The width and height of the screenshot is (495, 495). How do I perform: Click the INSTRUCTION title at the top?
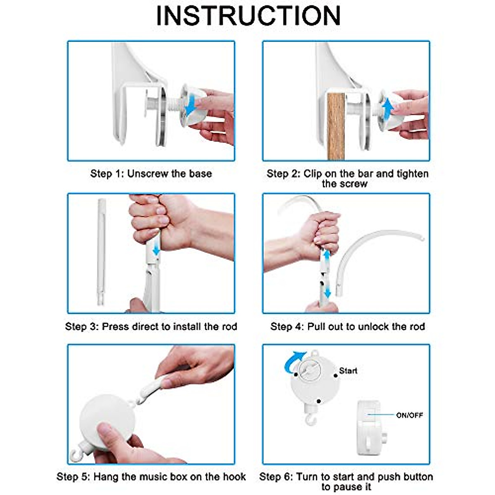(248, 16)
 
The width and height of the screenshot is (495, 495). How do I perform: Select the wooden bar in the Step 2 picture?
(336, 126)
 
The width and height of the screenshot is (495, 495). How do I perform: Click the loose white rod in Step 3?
(101, 252)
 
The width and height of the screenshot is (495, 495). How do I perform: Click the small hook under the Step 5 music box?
(77, 456)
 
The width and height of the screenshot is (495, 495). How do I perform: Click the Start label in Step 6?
(348, 371)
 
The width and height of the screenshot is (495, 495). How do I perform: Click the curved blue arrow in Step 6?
(293, 361)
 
